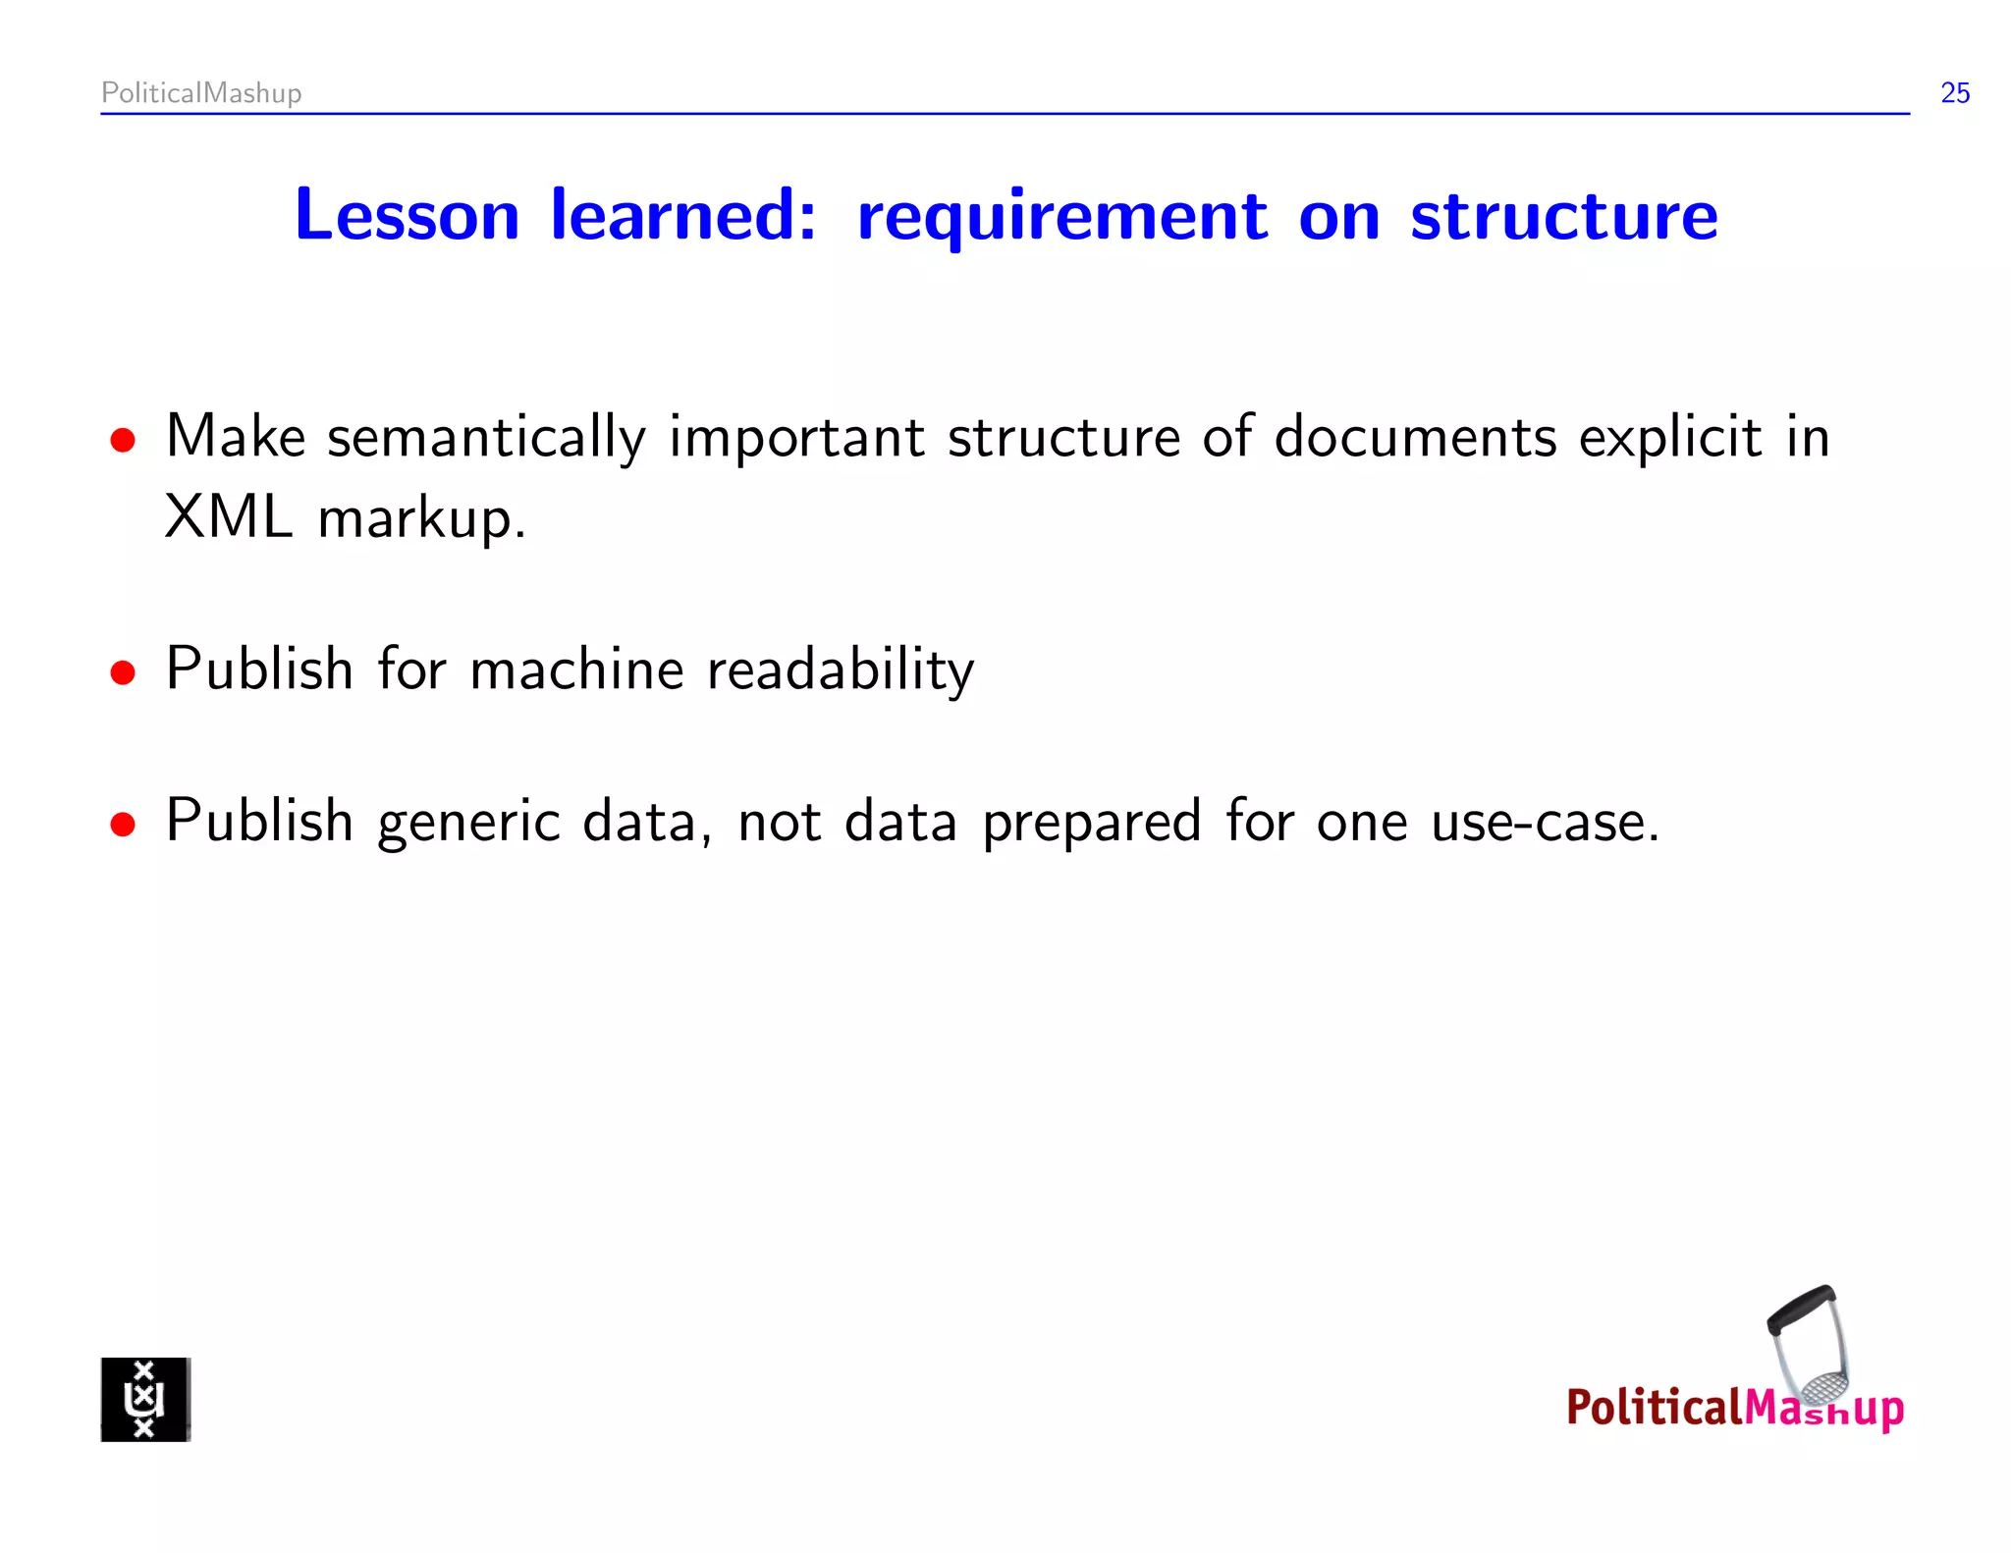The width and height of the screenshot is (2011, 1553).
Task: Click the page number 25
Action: pos(1954,93)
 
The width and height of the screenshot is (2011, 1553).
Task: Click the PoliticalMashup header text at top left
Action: pos(201,93)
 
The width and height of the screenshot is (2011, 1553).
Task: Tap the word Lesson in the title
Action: pos(407,216)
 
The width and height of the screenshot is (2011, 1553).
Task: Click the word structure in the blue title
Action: pos(1563,216)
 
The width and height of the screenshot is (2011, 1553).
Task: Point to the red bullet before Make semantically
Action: pos(123,441)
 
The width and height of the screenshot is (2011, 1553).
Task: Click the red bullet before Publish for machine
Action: pos(123,673)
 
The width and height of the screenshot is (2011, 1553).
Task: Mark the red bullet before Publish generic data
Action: pos(123,825)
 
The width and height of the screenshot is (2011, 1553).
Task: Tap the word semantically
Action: pos(486,439)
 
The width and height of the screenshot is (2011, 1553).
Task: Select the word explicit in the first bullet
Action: pos(1669,439)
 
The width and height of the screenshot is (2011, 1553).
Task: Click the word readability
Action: pos(841,671)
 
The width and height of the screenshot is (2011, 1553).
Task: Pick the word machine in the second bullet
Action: pos(576,671)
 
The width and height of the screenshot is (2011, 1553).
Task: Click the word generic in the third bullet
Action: pos(468,824)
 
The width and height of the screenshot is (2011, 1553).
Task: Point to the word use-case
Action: pos(1544,824)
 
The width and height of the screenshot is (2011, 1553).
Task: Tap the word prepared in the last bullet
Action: pos(1091,824)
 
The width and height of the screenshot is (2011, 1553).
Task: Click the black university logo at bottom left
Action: pos(145,1399)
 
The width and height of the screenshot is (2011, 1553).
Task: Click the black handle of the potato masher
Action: pos(1799,1311)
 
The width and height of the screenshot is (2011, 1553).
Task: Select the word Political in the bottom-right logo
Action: pos(1654,1407)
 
